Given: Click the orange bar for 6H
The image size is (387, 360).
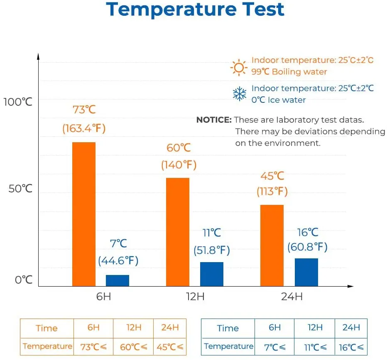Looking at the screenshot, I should [x=84, y=214].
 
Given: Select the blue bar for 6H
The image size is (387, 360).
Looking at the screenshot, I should [x=118, y=280].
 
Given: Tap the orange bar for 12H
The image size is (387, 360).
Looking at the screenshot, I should [x=178, y=232].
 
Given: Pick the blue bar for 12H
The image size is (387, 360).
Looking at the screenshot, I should [x=212, y=274].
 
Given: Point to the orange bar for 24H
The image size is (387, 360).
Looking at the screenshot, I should [x=272, y=245].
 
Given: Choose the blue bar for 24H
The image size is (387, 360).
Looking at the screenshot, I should [x=306, y=272].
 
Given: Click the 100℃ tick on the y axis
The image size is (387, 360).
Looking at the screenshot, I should [x=18, y=102].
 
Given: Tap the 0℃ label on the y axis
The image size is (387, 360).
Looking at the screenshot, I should [x=24, y=280].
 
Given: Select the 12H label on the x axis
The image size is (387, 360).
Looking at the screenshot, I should [x=195, y=297].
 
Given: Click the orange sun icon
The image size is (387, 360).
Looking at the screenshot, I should [x=239, y=67].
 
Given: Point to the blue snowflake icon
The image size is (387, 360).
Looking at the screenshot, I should [x=239, y=94].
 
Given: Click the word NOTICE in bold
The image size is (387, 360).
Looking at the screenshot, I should [x=213, y=120].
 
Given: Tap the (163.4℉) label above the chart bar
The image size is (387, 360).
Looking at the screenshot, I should [x=84, y=128].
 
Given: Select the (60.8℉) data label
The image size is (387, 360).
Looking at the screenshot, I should [x=307, y=248].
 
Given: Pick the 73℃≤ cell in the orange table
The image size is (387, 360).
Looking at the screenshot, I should [x=93, y=346].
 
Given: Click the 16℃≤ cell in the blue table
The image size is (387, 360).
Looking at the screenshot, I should [x=351, y=346].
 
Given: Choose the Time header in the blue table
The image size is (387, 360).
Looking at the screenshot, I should [x=228, y=328].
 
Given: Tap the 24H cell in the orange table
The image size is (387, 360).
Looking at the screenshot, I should [x=170, y=327].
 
